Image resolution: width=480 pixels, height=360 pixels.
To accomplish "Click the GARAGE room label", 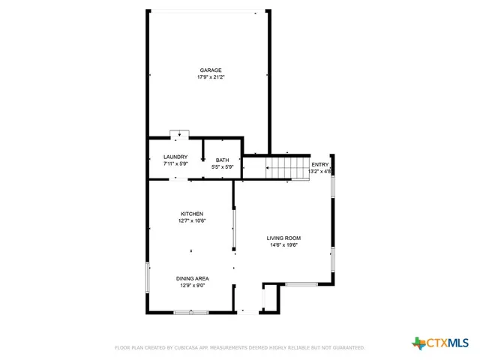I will click(x=210, y=70).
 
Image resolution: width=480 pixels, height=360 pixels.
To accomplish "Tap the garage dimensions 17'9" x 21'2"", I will click(x=210, y=76).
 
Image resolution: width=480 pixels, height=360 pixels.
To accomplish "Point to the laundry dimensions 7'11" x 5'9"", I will click(x=175, y=163).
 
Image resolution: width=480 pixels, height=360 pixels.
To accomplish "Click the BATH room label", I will click(x=223, y=160).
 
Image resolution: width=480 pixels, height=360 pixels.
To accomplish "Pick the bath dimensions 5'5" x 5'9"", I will click(x=223, y=166).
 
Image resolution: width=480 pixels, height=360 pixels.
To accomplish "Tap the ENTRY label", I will click(x=320, y=164).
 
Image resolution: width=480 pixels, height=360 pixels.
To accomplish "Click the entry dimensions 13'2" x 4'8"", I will click(x=320, y=171).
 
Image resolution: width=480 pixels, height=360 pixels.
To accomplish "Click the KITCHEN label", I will click(x=191, y=214).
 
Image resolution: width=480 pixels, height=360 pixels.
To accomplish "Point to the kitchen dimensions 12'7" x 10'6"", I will click(x=191, y=220).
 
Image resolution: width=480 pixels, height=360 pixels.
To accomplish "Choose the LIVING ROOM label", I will click(x=283, y=238).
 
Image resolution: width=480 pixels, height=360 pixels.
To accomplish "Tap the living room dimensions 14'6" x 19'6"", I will click(x=283, y=244).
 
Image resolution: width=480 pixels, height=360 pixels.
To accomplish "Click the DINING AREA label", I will click(x=193, y=278).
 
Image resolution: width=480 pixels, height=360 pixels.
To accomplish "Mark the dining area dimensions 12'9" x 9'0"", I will click(x=193, y=285).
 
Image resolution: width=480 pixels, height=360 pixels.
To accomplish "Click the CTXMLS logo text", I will click(x=448, y=343).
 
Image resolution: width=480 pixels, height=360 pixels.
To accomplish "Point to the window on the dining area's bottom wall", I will click(x=191, y=312).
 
